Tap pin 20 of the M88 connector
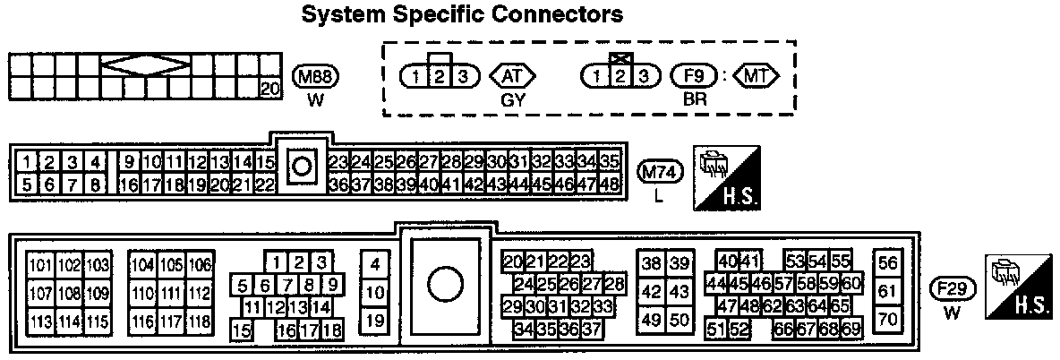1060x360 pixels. pyautogui.click(x=268, y=88)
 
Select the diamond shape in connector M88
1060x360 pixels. pyautogui.click(x=143, y=65)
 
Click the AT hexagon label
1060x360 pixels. pyautogui.click(x=512, y=76)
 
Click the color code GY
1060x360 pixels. pyautogui.click(x=512, y=99)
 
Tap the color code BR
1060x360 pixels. pyautogui.click(x=695, y=99)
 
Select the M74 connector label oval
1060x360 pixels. pyautogui.click(x=659, y=172)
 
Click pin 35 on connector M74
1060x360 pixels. pyautogui.click(x=610, y=162)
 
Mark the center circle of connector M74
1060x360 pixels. pyautogui.click(x=302, y=166)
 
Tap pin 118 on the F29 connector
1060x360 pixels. pyautogui.click(x=199, y=321)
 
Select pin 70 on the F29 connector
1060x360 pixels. pyautogui.click(x=887, y=319)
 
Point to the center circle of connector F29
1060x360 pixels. pyautogui.click(x=444, y=286)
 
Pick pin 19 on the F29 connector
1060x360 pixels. pyautogui.click(x=376, y=320)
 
